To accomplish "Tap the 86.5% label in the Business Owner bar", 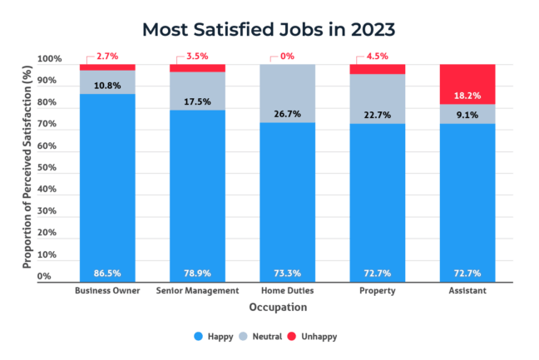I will (x=106, y=273).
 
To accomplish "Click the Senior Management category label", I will (x=196, y=291).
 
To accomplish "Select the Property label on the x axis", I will (x=378, y=291).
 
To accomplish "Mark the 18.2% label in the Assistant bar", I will (x=467, y=96).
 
